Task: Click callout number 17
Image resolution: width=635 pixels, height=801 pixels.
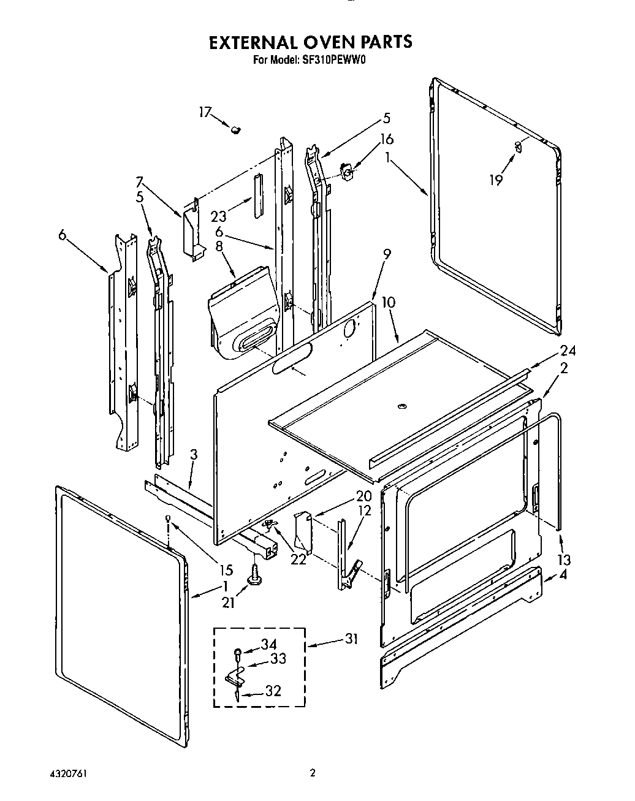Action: (x=205, y=112)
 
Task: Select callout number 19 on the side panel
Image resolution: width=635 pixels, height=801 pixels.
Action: (x=496, y=180)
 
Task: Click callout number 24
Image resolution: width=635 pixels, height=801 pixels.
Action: (x=568, y=351)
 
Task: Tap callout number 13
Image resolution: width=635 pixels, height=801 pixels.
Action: (x=564, y=560)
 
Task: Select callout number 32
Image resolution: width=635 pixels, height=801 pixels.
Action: (x=273, y=691)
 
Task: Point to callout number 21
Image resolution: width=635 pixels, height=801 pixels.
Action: (x=228, y=603)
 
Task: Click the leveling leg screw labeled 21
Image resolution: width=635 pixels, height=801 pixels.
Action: (x=254, y=575)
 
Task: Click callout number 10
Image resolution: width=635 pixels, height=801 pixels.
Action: (x=389, y=302)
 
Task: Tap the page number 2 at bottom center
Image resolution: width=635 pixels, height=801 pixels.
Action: (x=313, y=773)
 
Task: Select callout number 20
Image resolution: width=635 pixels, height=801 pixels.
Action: (x=346, y=496)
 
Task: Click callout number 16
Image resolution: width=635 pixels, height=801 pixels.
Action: (x=387, y=139)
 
